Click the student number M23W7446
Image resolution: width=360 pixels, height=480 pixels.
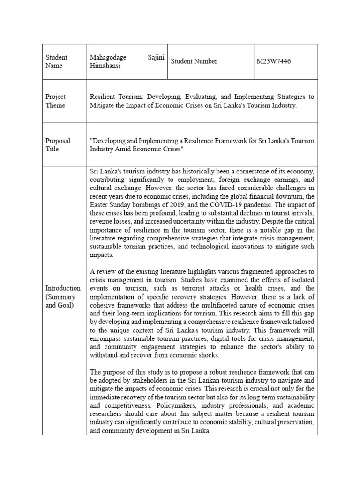[x=274, y=61]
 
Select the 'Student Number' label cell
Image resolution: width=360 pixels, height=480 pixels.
[x=194, y=61]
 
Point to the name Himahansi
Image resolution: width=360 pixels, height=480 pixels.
[x=105, y=66]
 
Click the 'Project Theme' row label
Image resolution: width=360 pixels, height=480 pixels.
[x=55, y=101]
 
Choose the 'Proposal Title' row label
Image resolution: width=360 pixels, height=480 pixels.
[x=58, y=145]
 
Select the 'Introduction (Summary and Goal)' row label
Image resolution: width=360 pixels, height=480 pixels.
[x=63, y=296]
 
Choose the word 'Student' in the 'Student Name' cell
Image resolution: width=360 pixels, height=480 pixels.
[x=56, y=57]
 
